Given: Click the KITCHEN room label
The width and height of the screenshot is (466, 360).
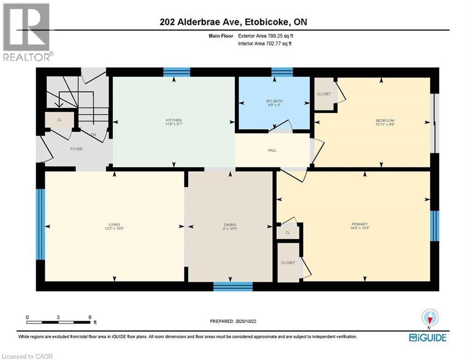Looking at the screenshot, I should click(x=173, y=120).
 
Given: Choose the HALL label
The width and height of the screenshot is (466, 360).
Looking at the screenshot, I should click(x=272, y=150).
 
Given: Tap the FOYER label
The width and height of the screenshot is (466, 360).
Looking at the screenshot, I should click(x=76, y=149).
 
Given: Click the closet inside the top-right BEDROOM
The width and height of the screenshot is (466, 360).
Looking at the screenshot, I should click(x=324, y=94).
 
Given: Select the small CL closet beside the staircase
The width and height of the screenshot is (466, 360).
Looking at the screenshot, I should click(x=59, y=120).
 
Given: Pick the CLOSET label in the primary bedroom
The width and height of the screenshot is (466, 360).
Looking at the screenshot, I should click(x=288, y=263).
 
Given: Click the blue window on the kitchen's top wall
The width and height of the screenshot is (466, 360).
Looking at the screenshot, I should click(x=177, y=72).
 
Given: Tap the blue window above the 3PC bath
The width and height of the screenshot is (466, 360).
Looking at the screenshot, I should click(x=282, y=72).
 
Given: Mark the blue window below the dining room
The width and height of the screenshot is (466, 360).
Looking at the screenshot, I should click(x=233, y=286).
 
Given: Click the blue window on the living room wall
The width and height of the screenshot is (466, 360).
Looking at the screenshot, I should click(x=41, y=224).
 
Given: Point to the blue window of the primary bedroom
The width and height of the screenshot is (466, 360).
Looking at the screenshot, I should click(x=434, y=225).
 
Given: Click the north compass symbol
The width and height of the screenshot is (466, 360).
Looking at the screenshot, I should click(x=429, y=318).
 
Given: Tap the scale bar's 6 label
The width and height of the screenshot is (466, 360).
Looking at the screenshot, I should click(x=89, y=317).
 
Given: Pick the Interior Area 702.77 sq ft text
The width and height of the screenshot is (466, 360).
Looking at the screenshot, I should click(x=266, y=44).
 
